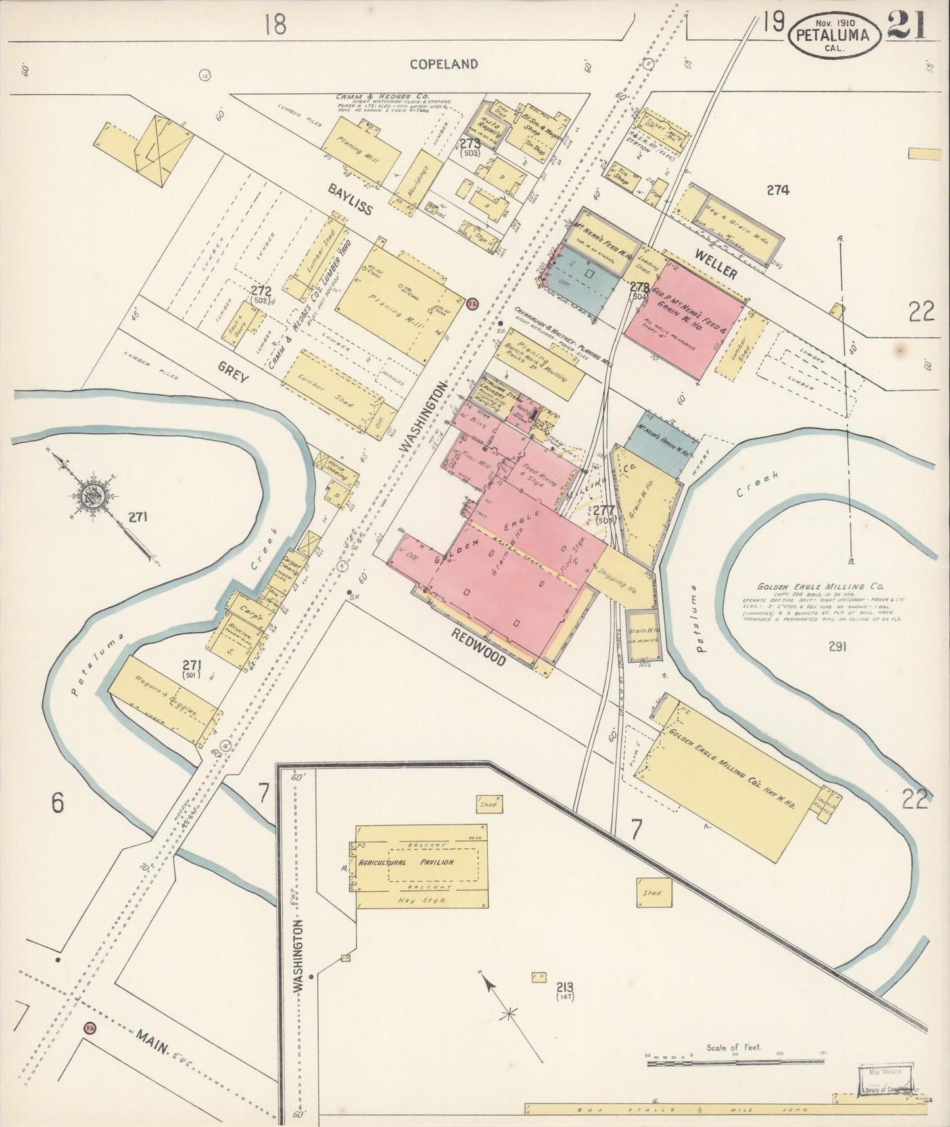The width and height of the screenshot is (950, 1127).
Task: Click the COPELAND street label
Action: tap(444, 64)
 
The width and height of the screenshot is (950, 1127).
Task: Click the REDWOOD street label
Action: tap(479, 646)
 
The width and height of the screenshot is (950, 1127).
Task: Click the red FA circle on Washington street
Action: tap(471, 304)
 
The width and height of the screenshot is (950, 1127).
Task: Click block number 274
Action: tap(777, 191)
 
